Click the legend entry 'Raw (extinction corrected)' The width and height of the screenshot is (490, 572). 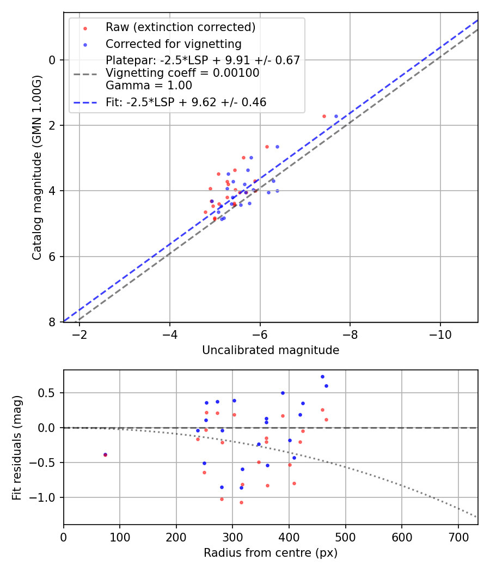point(180,27)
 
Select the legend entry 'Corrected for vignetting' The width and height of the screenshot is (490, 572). point(173,44)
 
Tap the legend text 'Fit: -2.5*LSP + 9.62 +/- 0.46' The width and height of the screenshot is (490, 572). point(186,102)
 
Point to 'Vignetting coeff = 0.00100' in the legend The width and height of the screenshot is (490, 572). point(182,73)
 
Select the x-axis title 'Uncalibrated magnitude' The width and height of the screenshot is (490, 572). point(271,350)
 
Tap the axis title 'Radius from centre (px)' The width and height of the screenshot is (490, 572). point(271,553)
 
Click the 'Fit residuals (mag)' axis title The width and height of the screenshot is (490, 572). point(17,447)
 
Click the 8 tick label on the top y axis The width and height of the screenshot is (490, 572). point(53,322)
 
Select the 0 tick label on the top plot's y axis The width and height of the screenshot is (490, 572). point(53,60)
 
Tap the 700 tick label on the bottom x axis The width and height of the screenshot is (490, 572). point(458,537)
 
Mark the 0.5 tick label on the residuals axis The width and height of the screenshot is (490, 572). point(49,393)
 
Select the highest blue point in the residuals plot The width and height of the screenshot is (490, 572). point(322,376)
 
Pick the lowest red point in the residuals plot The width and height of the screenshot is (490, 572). point(241,502)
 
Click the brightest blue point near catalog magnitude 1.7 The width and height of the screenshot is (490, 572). point(336,116)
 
